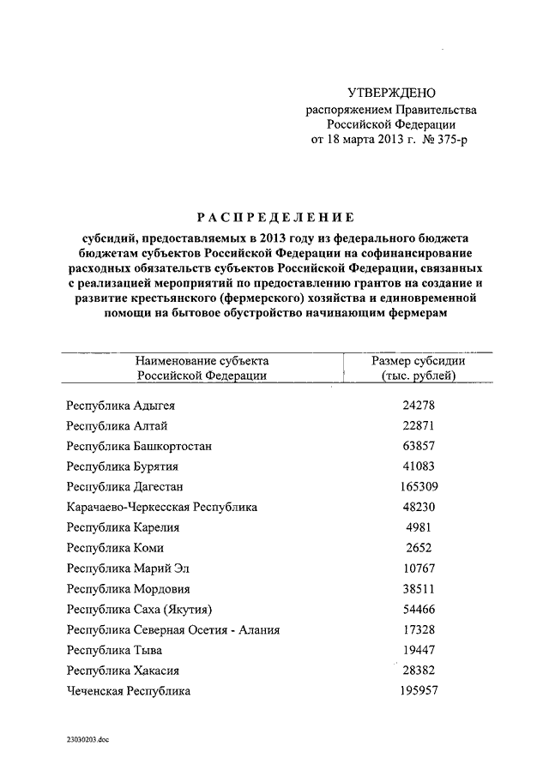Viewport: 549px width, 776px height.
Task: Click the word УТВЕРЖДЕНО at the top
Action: click(x=392, y=92)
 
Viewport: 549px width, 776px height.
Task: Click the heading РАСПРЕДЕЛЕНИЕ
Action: click(x=276, y=217)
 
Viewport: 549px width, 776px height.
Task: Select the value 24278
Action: click(x=419, y=406)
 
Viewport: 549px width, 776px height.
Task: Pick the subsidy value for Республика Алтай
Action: click(x=419, y=426)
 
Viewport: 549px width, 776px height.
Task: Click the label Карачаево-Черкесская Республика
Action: click(x=161, y=508)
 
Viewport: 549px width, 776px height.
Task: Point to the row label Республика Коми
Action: click(x=115, y=548)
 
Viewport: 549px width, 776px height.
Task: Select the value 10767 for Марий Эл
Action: click(x=419, y=568)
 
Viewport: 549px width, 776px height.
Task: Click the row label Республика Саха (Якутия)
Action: click(x=139, y=610)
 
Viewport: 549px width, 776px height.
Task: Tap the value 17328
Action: click(x=419, y=629)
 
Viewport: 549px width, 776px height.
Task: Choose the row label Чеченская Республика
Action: click(x=129, y=691)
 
